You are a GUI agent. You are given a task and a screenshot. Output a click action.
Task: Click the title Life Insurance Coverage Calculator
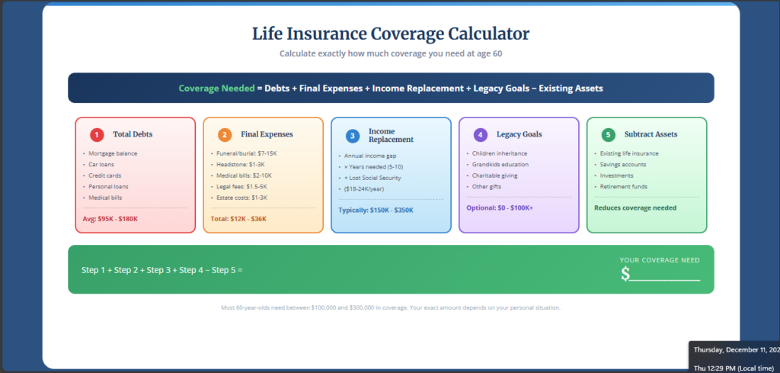click(390, 34)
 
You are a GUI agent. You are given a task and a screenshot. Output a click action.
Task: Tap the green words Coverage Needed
click(216, 88)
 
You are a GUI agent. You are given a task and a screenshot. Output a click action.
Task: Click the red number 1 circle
click(97, 135)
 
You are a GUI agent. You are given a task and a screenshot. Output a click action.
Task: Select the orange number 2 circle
click(225, 135)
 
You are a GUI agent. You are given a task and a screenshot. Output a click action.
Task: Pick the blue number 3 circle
click(353, 136)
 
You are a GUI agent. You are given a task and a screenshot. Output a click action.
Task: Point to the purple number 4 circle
click(480, 135)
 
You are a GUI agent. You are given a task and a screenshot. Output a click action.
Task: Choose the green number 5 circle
click(608, 135)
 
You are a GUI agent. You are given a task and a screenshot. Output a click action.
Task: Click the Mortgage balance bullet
click(113, 153)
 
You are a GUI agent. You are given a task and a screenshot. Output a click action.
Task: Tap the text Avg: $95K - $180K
click(110, 219)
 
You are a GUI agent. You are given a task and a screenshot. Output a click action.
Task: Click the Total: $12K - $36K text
click(238, 219)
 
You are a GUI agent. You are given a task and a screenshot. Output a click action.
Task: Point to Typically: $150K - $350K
click(376, 210)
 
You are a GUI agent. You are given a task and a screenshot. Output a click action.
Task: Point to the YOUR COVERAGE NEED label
click(660, 260)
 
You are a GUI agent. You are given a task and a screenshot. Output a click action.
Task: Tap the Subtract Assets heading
click(651, 134)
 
